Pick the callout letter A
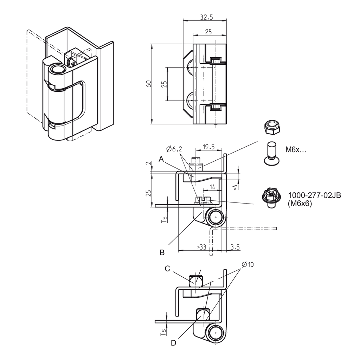pyautogui.click(x=161, y=159)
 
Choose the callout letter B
pyautogui.click(x=162, y=252)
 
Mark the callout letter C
pyautogui.click(x=167, y=269)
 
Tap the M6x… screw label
pyautogui.click(x=296, y=150)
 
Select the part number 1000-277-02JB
pyautogui.click(x=314, y=196)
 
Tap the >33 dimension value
pyautogui.click(x=201, y=247)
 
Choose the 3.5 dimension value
pyautogui.click(x=235, y=247)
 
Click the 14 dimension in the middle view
pyautogui.click(x=212, y=187)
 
